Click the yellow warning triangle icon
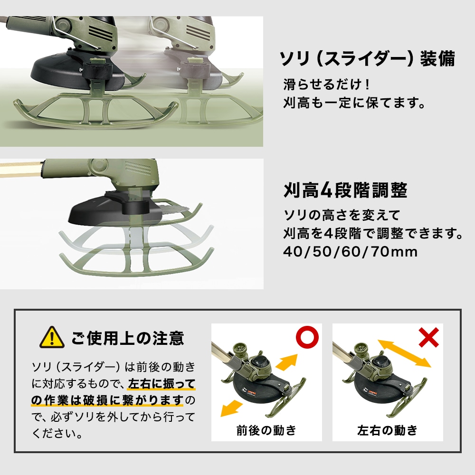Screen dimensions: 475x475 [52, 337]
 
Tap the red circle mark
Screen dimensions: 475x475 [307, 337]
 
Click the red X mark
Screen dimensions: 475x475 [428, 337]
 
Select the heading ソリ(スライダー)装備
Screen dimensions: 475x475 [367, 58]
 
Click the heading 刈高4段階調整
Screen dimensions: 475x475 [345, 190]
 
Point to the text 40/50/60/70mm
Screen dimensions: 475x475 [351, 252]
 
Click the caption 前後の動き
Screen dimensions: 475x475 [266, 430]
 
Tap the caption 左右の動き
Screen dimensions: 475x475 [388, 430]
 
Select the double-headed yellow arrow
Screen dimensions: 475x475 [404, 353]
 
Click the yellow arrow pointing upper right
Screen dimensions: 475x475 [286, 361]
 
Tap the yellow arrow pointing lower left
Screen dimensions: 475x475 [232, 408]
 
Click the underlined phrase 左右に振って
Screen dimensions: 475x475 [162, 383]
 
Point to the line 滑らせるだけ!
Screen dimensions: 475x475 [327, 84]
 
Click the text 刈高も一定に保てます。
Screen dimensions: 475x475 [354, 103]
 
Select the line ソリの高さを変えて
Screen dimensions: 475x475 [342, 215]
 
